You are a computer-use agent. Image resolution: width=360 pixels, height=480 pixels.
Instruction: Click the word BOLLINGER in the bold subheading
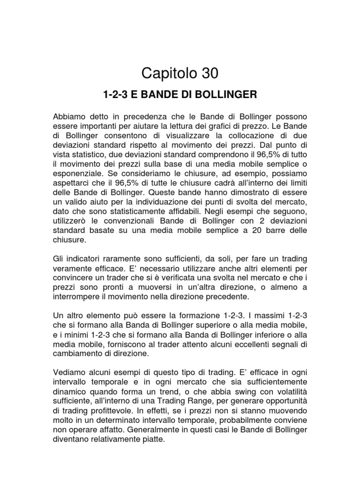coord(231,95)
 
